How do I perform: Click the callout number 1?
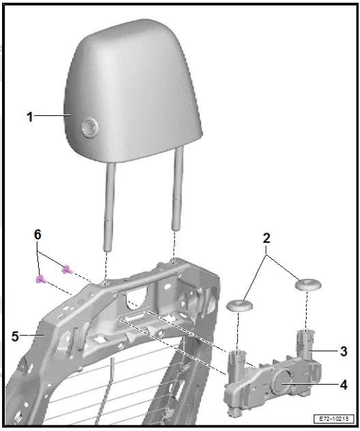pos(29,117)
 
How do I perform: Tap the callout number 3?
pos(343,351)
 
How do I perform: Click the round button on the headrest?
pos(89,127)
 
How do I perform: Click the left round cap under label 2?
pos(237,305)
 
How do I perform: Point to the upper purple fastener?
pos(67,269)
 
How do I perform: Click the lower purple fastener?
pos(40,279)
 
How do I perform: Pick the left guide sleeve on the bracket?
pos(237,361)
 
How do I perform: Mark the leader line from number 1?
pos(51,117)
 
